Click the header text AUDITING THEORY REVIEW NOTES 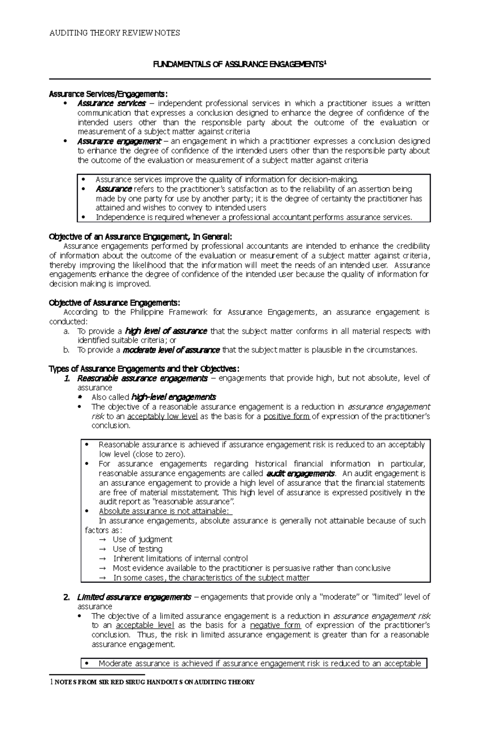pyautogui.click(x=114, y=33)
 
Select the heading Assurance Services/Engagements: pyautogui.click(x=106, y=94)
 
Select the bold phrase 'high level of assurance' pyautogui.click(x=166, y=331)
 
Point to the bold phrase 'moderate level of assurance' pyautogui.click(x=171, y=350)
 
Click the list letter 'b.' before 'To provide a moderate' pyautogui.click(x=66, y=350)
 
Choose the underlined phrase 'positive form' pyautogui.click(x=286, y=416)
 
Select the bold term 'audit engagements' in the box pyautogui.click(x=300, y=474)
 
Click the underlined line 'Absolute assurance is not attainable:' pyautogui.click(x=165, y=512)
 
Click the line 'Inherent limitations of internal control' pyautogui.click(x=180, y=559)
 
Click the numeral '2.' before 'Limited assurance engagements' pyautogui.click(x=67, y=598)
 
